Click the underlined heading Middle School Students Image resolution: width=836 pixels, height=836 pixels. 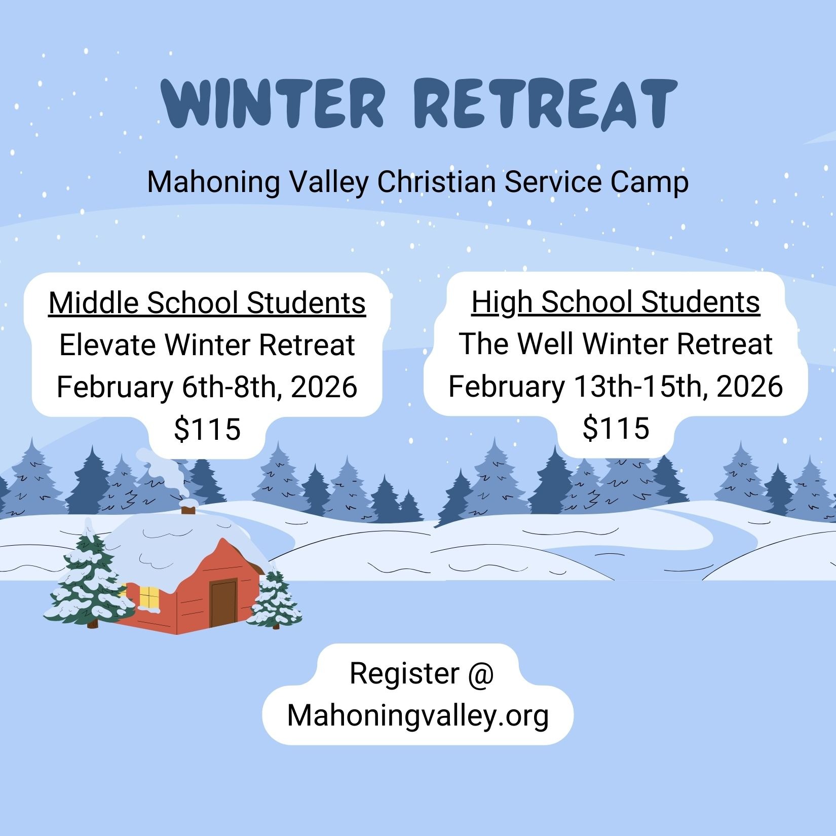[x=207, y=303]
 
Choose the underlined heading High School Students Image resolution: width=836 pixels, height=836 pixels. [x=616, y=302]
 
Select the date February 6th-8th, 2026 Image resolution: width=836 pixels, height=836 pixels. [x=207, y=387]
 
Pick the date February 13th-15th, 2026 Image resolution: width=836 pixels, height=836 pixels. [x=616, y=386]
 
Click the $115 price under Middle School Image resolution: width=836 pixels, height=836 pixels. [x=207, y=430]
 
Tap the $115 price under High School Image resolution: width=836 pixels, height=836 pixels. [x=616, y=428]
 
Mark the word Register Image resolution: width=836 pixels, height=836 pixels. [x=404, y=674]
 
